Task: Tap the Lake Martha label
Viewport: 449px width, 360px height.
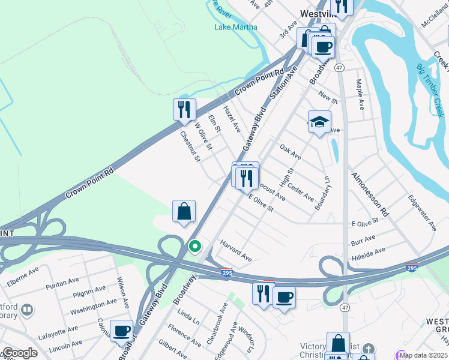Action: click(236, 27)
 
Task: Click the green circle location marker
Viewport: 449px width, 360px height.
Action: click(195, 246)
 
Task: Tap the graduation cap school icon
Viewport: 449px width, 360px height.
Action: click(319, 121)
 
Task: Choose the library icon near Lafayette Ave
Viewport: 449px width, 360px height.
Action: click(27, 310)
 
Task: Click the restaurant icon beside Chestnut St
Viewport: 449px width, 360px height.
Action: click(184, 110)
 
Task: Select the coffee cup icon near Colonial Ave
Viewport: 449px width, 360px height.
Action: click(122, 330)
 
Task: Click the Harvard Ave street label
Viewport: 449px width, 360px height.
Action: click(236, 251)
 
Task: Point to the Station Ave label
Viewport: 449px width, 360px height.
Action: click(284, 82)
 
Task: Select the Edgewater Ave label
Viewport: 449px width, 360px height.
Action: click(422, 212)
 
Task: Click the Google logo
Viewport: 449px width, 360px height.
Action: click(20, 353)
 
